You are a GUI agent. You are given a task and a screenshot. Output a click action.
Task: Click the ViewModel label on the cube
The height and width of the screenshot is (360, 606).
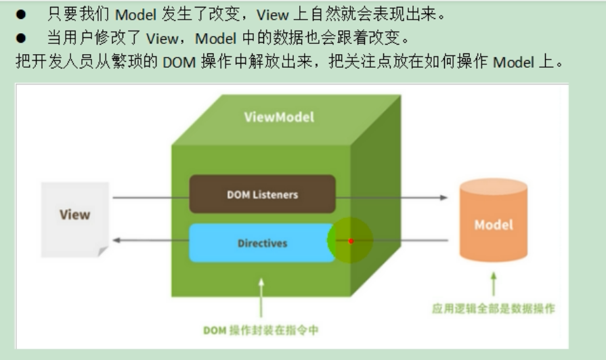point(279,118)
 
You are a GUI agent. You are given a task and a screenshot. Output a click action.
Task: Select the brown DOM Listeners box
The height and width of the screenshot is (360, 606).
point(262,194)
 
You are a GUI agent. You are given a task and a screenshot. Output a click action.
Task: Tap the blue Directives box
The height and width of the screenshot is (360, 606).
point(262,243)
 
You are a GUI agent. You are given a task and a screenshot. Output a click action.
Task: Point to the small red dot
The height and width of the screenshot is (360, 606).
point(351,241)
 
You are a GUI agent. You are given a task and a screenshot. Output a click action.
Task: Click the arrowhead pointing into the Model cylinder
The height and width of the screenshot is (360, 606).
point(443,198)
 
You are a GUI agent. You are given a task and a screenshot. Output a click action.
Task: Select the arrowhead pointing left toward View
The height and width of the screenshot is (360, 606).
point(116,240)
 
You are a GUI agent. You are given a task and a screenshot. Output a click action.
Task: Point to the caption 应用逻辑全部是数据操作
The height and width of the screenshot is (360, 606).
point(494,309)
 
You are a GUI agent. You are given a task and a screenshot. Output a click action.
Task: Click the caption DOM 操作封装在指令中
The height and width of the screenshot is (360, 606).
point(261,330)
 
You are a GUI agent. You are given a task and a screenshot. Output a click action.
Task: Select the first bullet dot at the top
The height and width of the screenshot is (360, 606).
point(22,14)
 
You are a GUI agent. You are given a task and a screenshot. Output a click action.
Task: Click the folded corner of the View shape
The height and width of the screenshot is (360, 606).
point(102,252)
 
